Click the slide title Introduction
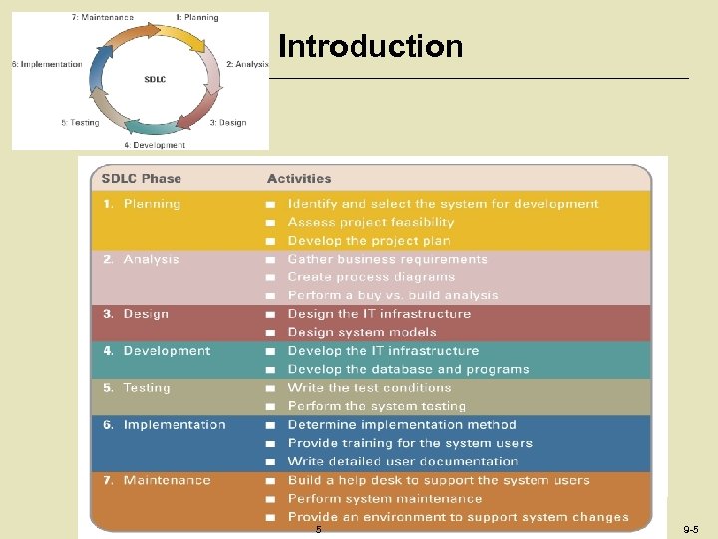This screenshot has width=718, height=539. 370,47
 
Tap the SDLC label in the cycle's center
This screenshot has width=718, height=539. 156,77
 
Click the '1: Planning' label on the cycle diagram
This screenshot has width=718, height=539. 196,18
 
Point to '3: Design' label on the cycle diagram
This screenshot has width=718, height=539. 227,123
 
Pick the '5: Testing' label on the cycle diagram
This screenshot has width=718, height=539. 80,123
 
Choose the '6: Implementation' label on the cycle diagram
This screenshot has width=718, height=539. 47,64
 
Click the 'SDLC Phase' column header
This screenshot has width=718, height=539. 142,179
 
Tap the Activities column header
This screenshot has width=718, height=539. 299,179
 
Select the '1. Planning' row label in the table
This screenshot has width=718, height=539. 143,204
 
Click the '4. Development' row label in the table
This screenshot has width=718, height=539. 158,351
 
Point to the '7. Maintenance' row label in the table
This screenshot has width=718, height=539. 158,480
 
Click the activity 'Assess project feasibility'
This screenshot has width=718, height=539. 370,222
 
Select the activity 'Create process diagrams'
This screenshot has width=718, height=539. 371,277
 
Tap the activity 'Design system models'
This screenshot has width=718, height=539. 362,332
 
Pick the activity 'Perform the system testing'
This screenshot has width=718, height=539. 377,406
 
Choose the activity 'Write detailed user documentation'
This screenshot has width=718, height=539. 403,461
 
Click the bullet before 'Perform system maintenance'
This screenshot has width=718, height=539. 270,499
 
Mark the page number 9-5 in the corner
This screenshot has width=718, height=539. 690,529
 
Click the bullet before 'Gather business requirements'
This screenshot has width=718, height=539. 270,260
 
